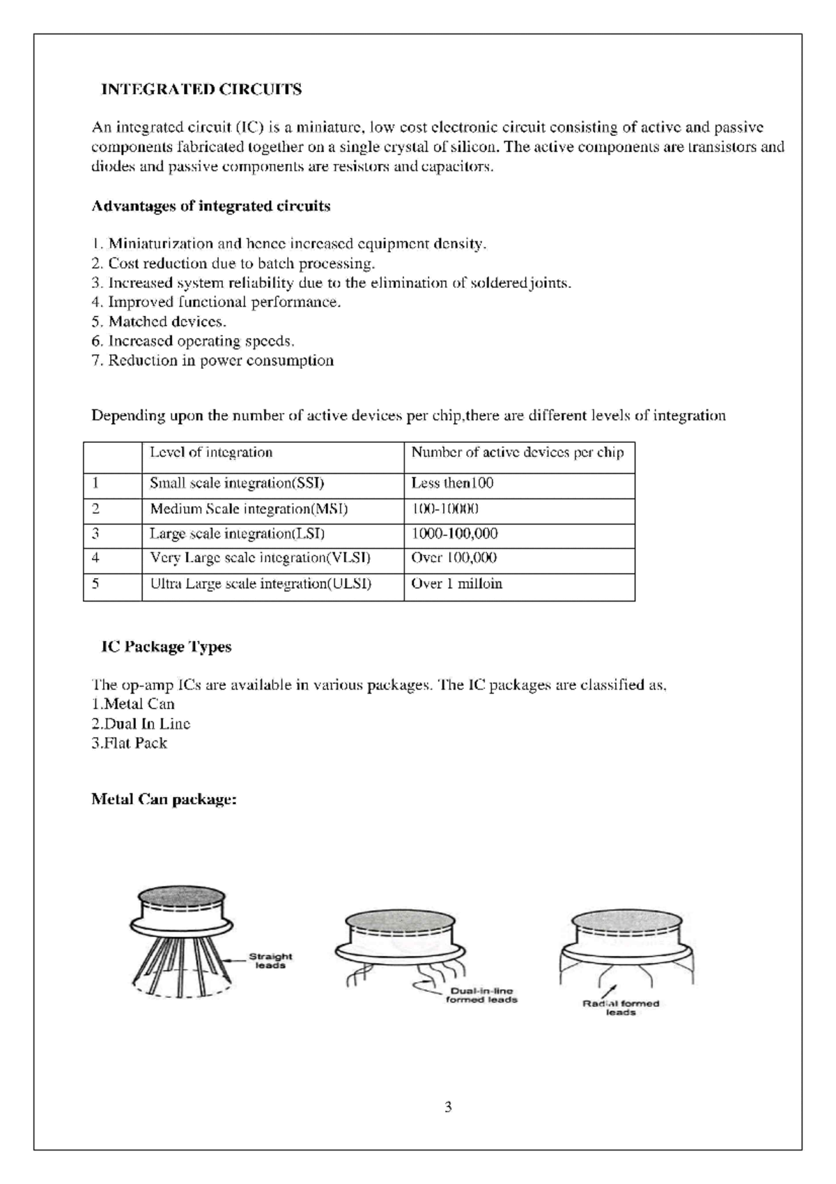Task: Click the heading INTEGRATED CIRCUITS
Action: point(201,89)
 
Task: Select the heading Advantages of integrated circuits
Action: point(210,206)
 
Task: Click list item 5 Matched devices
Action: point(159,322)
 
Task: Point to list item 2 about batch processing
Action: point(233,264)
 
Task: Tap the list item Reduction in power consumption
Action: point(212,360)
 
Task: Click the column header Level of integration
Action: point(211,453)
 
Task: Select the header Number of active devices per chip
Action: point(517,453)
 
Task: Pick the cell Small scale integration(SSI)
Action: point(237,483)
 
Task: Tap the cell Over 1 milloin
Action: point(456,584)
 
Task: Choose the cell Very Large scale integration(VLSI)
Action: point(260,559)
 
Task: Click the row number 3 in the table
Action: point(96,534)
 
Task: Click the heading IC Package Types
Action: point(166,647)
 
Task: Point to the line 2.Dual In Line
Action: point(141,724)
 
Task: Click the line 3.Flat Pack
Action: point(130,743)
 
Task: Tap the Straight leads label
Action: point(270,961)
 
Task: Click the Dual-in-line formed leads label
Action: point(481,995)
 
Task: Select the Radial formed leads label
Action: point(620,1008)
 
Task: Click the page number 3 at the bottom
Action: point(448,1107)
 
